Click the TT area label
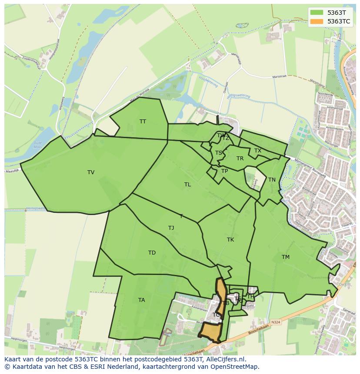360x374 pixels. tap(143, 122)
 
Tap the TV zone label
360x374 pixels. tap(91, 172)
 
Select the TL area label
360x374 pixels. tap(187, 185)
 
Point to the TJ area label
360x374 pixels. tap(171, 228)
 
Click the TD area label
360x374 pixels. tap(152, 253)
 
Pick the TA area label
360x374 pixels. tap(141, 300)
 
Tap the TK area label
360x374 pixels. tap(230, 240)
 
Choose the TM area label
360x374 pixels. tap(285, 257)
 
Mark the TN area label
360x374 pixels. tap(272, 180)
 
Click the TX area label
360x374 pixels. tap(258, 151)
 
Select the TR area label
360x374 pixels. tap(240, 159)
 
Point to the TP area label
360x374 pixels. tap(224, 171)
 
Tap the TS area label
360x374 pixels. tap(219, 153)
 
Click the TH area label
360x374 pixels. tap(250, 297)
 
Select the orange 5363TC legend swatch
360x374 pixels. tap(317, 21)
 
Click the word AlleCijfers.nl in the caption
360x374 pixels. tap(226, 359)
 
